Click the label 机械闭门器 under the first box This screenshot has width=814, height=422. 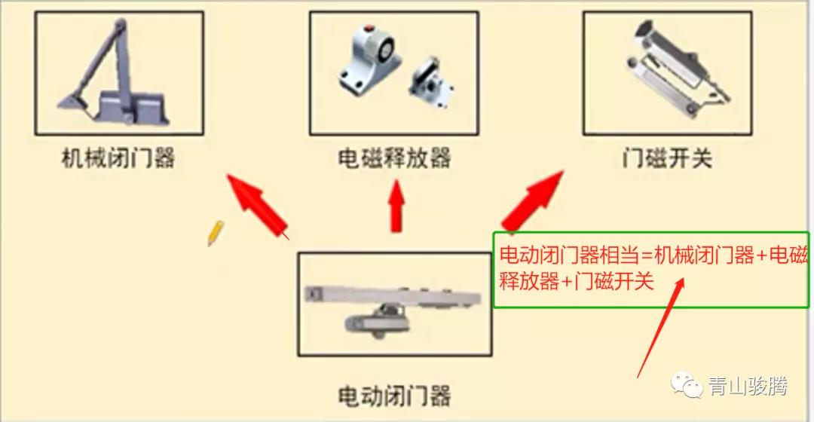pos(118,157)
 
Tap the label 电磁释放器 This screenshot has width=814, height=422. pos(394,157)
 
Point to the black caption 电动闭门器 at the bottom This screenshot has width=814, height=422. pos(394,396)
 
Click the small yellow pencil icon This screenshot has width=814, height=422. pos(216,233)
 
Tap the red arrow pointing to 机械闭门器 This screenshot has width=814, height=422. pos(258,206)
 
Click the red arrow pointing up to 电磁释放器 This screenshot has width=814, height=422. pos(396,206)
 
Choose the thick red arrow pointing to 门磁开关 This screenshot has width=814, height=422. pos(532,201)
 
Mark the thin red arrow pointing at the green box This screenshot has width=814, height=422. pos(660,328)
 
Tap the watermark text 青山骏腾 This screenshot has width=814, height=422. pos(748,386)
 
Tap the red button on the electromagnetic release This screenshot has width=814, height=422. pos(369,28)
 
